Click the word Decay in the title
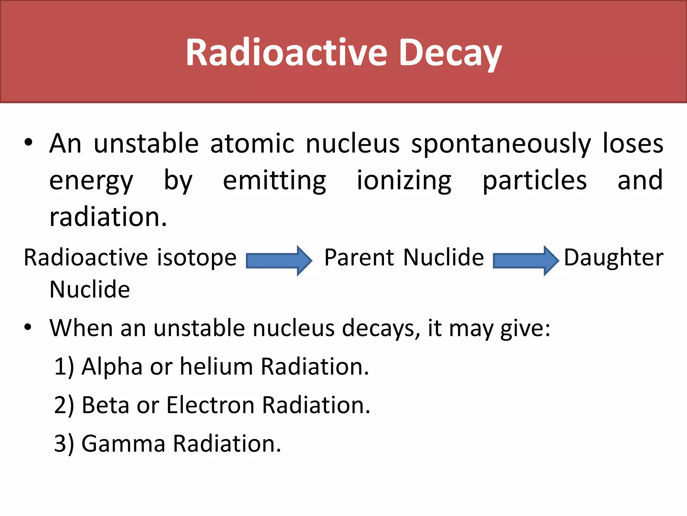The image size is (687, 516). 451,53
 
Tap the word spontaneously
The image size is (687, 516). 501,144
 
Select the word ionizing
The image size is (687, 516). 404,181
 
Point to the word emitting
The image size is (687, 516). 274,181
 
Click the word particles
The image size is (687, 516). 535,181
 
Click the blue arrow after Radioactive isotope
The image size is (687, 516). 279,261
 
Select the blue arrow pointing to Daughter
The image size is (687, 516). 526,261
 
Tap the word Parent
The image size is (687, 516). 359,258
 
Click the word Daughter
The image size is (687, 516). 614,258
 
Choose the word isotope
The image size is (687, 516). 197,258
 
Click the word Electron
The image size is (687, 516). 210,405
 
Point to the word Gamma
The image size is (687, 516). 123,443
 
